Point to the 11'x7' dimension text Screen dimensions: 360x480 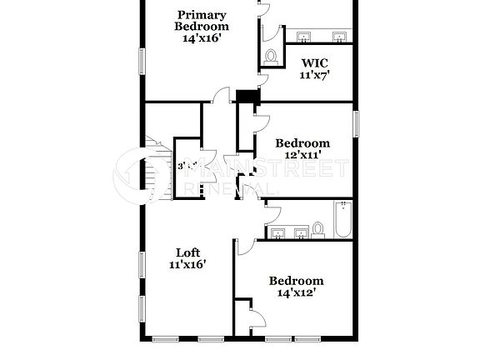[315, 75]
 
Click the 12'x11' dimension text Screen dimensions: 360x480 [302, 155]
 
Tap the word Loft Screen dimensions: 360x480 [187, 252]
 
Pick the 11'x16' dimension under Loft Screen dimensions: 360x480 [187, 264]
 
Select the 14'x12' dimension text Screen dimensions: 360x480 [295, 293]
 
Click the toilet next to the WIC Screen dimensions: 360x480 [271, 56]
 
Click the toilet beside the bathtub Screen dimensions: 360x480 [318, 228]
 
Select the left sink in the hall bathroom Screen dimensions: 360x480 [278, 232]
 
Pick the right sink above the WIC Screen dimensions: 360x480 [340, 37]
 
